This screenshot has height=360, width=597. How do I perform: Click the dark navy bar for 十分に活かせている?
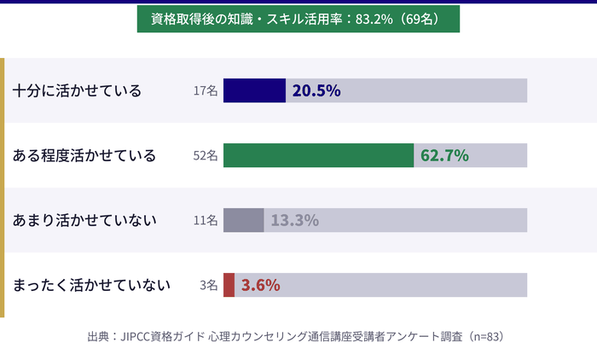point(254,90)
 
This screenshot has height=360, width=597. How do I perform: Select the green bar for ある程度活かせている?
point(318,155)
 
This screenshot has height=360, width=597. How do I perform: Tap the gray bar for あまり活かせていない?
point(243,220)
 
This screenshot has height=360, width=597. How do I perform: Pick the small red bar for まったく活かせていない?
point(229,285)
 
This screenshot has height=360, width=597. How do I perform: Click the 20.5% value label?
point(316,90)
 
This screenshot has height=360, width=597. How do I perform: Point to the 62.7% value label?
point(445,155)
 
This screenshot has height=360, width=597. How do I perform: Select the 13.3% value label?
point(294,220)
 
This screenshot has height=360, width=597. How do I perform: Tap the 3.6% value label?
point(261,285)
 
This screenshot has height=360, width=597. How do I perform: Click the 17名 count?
point(206,91)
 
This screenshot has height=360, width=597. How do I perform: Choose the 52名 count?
point(206,156)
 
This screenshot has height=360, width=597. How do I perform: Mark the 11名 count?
point(206,221)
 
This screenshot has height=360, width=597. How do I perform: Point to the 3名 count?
point(209,286)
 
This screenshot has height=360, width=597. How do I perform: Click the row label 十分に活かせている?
point(77,90)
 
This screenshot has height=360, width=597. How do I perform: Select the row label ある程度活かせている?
point(84,155)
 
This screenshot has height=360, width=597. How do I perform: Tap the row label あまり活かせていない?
point(84,220)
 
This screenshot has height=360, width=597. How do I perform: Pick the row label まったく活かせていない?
point(92,285)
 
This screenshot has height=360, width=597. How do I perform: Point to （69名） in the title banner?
point(420,20)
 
